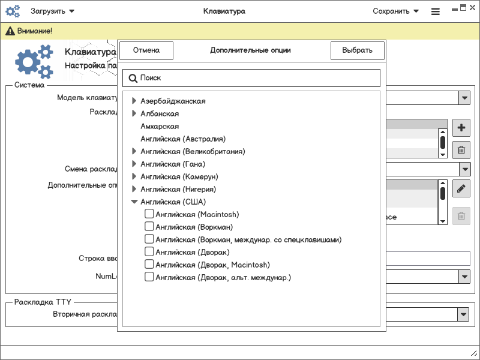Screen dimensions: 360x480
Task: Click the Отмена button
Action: [x=146, y=50]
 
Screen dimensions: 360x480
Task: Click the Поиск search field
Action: [x=251, y=78]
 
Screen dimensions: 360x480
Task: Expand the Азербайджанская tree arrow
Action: [x=134, y=101]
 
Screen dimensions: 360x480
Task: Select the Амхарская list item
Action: [x=160, y=126]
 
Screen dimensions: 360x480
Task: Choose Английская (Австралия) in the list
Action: [x=183, y=139]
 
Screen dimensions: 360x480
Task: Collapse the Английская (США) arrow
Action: [x=134, y=202]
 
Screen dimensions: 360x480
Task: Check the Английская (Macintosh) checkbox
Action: [x=149, y=214]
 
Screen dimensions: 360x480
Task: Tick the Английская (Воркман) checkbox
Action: [x=149, y=226]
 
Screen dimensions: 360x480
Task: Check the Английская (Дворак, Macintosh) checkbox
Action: [x=149, y=264]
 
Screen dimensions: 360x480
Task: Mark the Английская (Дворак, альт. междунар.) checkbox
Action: [x=149, y=277]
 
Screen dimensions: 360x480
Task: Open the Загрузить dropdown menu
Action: [x=53, y=11]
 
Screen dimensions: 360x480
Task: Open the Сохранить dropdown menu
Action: [x=395, y=11]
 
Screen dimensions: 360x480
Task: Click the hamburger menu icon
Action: [x=436, y=11]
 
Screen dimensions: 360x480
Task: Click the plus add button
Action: [x=461, y=128]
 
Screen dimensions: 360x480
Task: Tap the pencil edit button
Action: [x=461, y=188]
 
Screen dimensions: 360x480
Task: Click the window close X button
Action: [x=472, y=8]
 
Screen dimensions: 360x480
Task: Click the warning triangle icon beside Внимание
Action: [x=10, y=31]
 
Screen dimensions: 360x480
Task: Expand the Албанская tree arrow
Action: [x=134, y=113]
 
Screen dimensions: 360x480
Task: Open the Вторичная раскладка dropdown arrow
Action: [x=463, y=314]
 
